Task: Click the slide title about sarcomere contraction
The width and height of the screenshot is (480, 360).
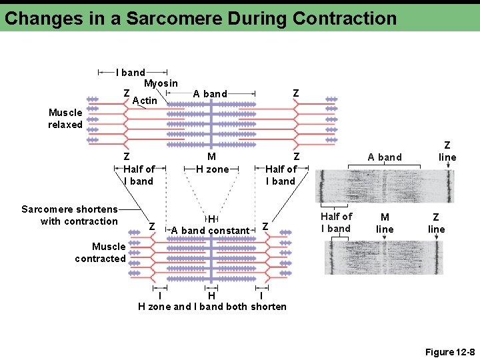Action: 200,18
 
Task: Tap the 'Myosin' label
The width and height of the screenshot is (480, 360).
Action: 161,83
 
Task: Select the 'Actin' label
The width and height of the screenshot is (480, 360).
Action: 145,101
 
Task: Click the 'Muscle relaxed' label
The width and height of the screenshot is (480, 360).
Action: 65,119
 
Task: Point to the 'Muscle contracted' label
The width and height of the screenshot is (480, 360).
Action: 100,253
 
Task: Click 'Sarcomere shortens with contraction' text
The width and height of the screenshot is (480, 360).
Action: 70,215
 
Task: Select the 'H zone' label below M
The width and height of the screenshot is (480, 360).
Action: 212,169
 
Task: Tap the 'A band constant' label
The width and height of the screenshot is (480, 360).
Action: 210,231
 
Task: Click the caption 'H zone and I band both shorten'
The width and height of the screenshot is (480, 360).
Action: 212,307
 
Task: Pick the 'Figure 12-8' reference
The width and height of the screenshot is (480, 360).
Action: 449,352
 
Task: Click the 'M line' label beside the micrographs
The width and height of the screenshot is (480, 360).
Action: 385,223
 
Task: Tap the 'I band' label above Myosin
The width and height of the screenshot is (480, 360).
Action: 131,72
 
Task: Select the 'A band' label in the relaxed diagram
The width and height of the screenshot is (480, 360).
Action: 210,94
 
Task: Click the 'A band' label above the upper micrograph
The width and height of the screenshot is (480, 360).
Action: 385,157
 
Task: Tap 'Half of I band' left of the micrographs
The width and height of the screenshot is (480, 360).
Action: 336,222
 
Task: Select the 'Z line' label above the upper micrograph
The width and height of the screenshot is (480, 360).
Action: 447,151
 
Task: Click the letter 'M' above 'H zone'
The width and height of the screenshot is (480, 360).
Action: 211,157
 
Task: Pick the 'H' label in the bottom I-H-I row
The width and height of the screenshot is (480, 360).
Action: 211,295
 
